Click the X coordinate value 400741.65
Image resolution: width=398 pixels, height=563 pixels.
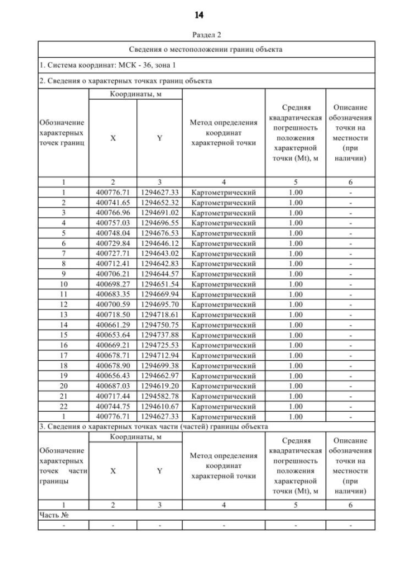tap(113, 202)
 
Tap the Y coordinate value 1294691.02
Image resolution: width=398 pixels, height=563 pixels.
tap(159, 213)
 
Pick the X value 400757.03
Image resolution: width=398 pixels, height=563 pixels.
tap(113, 223)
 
